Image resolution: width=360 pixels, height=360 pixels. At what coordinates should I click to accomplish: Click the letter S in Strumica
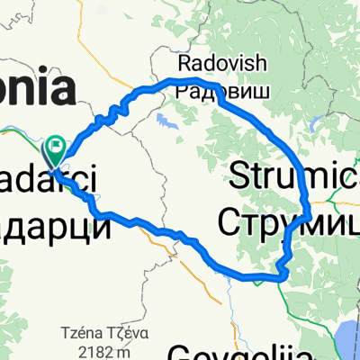[240, 175]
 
